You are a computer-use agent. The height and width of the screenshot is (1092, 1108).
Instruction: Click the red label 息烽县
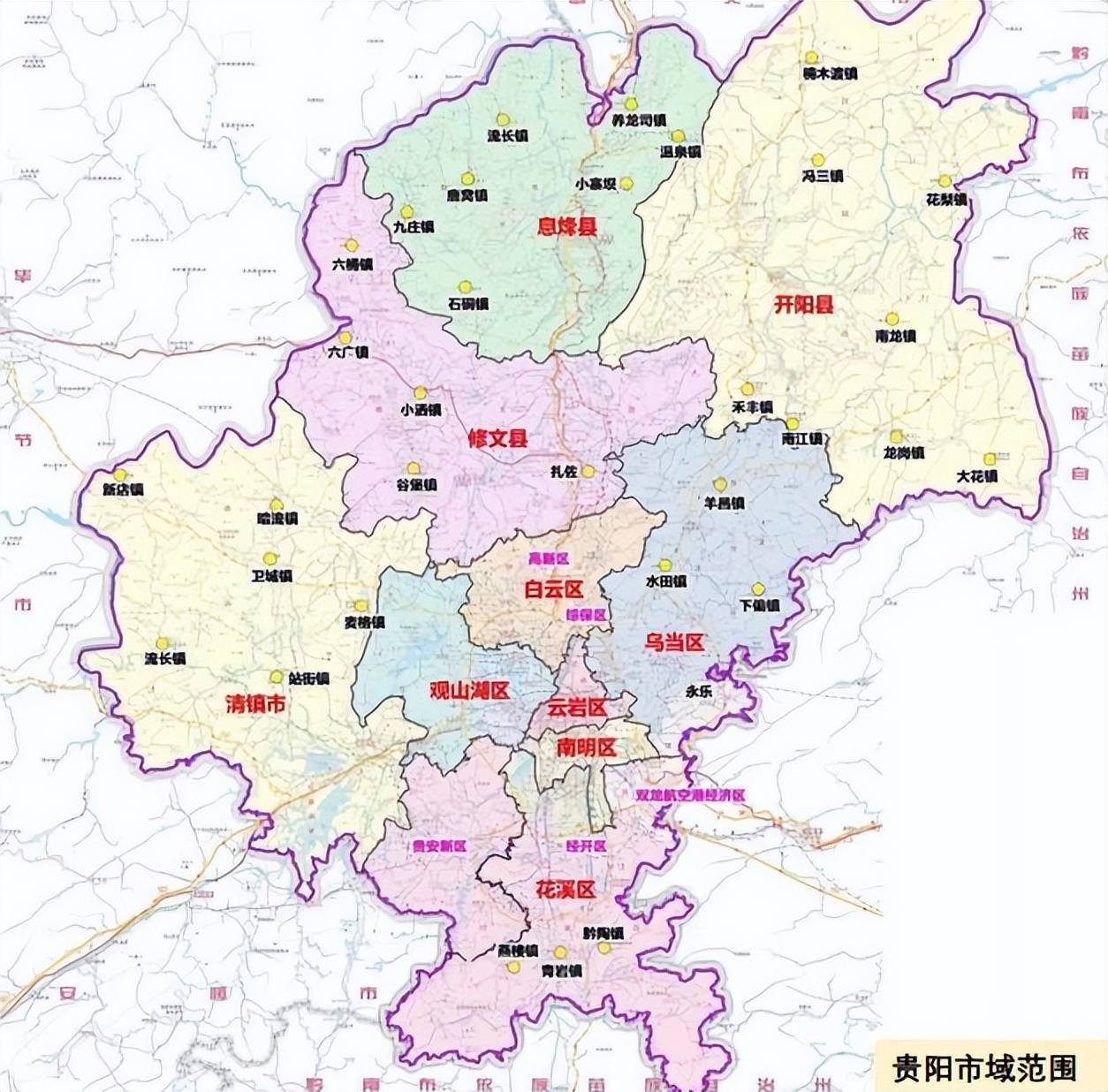click(x=566, y=227)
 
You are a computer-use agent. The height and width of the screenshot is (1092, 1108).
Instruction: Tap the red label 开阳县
click(x=804, y=306)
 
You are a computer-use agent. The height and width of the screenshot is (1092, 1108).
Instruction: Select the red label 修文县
click(x=497, y=437)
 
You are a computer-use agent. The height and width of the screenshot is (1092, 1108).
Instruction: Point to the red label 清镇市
click(x=256, y=704)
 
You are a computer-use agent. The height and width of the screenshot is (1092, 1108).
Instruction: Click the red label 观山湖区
click(x=469, y=691)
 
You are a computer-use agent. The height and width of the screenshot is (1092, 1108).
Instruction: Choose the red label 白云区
click(x=554, y=589)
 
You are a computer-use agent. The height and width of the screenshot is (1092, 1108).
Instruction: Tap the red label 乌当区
click(x=674, y=642)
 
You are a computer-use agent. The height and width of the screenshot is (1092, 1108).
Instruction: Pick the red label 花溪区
click(x=565, y=890)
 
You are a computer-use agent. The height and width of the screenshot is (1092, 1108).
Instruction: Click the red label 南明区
click(x=586, y=747)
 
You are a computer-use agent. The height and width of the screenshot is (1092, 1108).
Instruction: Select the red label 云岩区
click(x=576, y=707)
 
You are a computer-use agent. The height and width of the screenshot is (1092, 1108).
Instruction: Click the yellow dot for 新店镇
click(x=119, y=474)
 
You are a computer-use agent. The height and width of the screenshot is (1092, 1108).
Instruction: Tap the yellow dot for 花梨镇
click(x=945, y=181)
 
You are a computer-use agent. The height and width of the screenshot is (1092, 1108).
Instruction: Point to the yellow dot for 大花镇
click(x=990, y=459)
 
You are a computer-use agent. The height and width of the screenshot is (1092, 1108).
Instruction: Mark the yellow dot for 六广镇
click(x=345, y=337)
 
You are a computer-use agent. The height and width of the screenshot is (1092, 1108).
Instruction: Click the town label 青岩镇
click(x=562, y=970)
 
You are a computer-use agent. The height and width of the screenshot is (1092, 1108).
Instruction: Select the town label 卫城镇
click(x=271, y=576)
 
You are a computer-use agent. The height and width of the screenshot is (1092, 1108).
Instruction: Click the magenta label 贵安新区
click(x=439, y=846)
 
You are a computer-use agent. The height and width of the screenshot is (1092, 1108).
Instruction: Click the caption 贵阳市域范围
click(x=984, y=1067)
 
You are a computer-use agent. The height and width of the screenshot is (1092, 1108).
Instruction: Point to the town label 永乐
click(x=698, y=692)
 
